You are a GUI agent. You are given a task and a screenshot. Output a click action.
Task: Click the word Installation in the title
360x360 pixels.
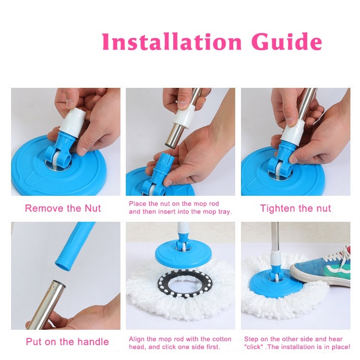point(172,42)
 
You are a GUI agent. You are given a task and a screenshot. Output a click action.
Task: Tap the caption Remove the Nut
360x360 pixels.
point(63,208)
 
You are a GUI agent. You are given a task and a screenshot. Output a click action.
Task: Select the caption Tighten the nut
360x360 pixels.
point(296,208)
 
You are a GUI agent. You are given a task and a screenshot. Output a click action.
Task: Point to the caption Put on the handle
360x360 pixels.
point(67,342)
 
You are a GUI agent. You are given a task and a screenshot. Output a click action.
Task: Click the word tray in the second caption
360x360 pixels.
point(224,212)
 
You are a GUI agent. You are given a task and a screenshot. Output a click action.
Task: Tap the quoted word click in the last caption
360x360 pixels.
point(254,347)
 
